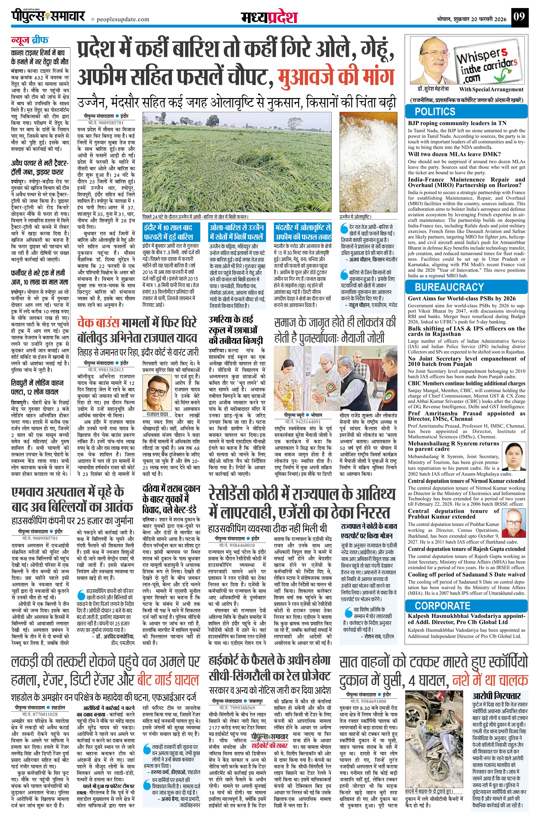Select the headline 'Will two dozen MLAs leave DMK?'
click(454, 154)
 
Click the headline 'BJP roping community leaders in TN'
click(457, 123)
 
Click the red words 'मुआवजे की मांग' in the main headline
click(336, 76)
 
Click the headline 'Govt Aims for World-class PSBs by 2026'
click(462, 298)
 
